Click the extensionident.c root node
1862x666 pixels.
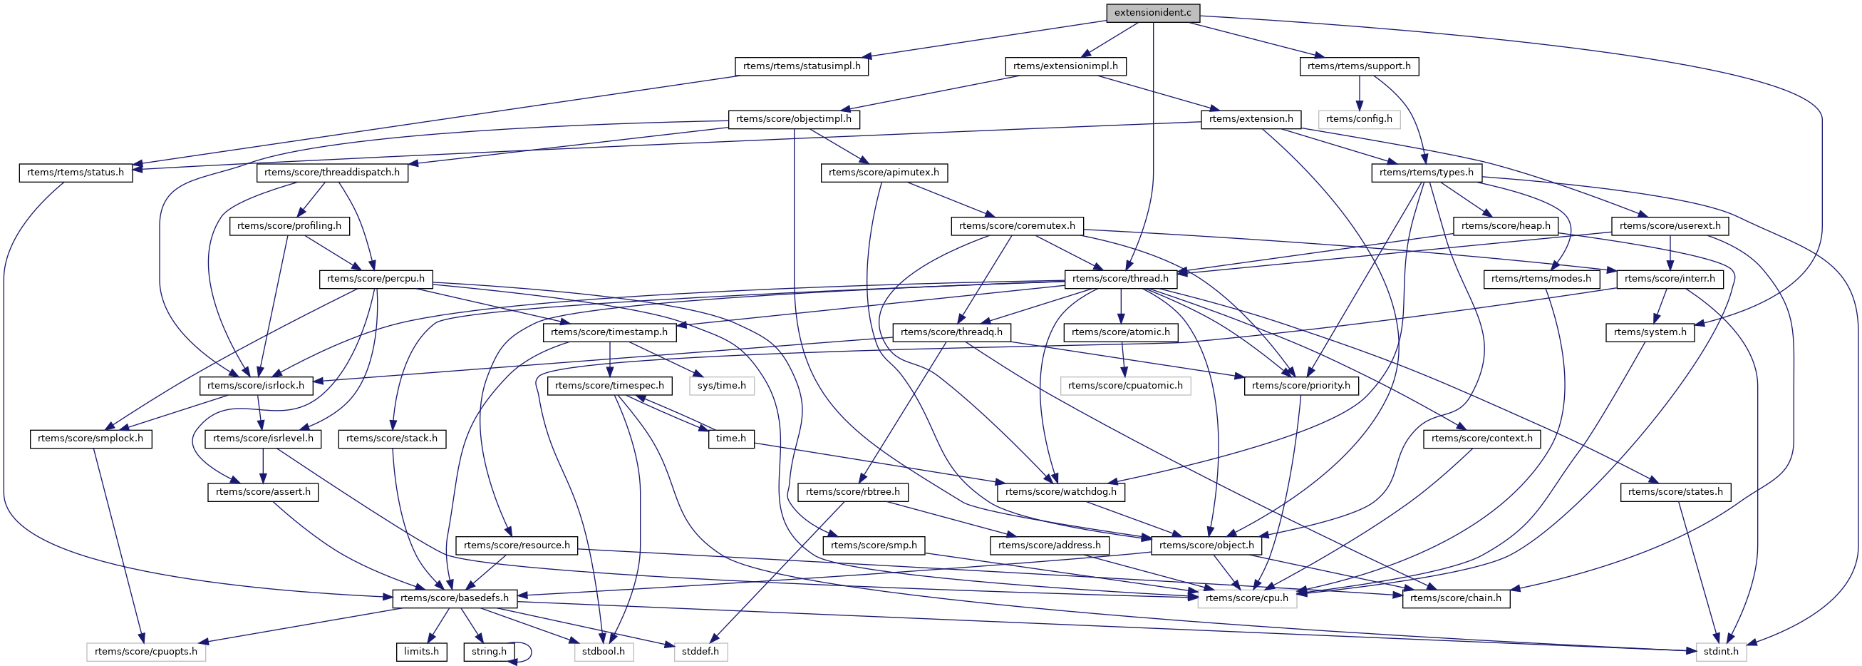point(1152,13)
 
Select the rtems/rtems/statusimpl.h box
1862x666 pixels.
point(802,66)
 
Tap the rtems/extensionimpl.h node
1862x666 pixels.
point(1065,66)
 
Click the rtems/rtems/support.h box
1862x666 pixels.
point(1359,66)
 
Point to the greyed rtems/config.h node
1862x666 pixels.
point(1358,119)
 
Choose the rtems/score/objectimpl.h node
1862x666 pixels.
point(793,119)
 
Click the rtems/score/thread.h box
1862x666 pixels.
point(1119,279)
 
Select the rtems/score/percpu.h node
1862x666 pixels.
point(375,279)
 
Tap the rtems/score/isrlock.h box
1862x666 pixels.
point(256,386)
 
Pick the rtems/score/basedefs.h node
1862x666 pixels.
point(454,598)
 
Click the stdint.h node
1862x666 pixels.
point(1720,652)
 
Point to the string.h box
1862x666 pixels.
point(489,652)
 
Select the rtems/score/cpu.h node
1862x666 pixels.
point(1246,598)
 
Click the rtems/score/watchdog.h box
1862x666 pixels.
point(1060,492)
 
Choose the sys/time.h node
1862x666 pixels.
point(721,386)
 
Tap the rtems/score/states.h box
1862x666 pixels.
point(1675,492)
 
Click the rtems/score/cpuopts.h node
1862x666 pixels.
point(145,652)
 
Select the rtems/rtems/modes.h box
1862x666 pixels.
point(1541,279)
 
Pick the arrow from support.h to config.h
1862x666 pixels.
point(1359,93)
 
